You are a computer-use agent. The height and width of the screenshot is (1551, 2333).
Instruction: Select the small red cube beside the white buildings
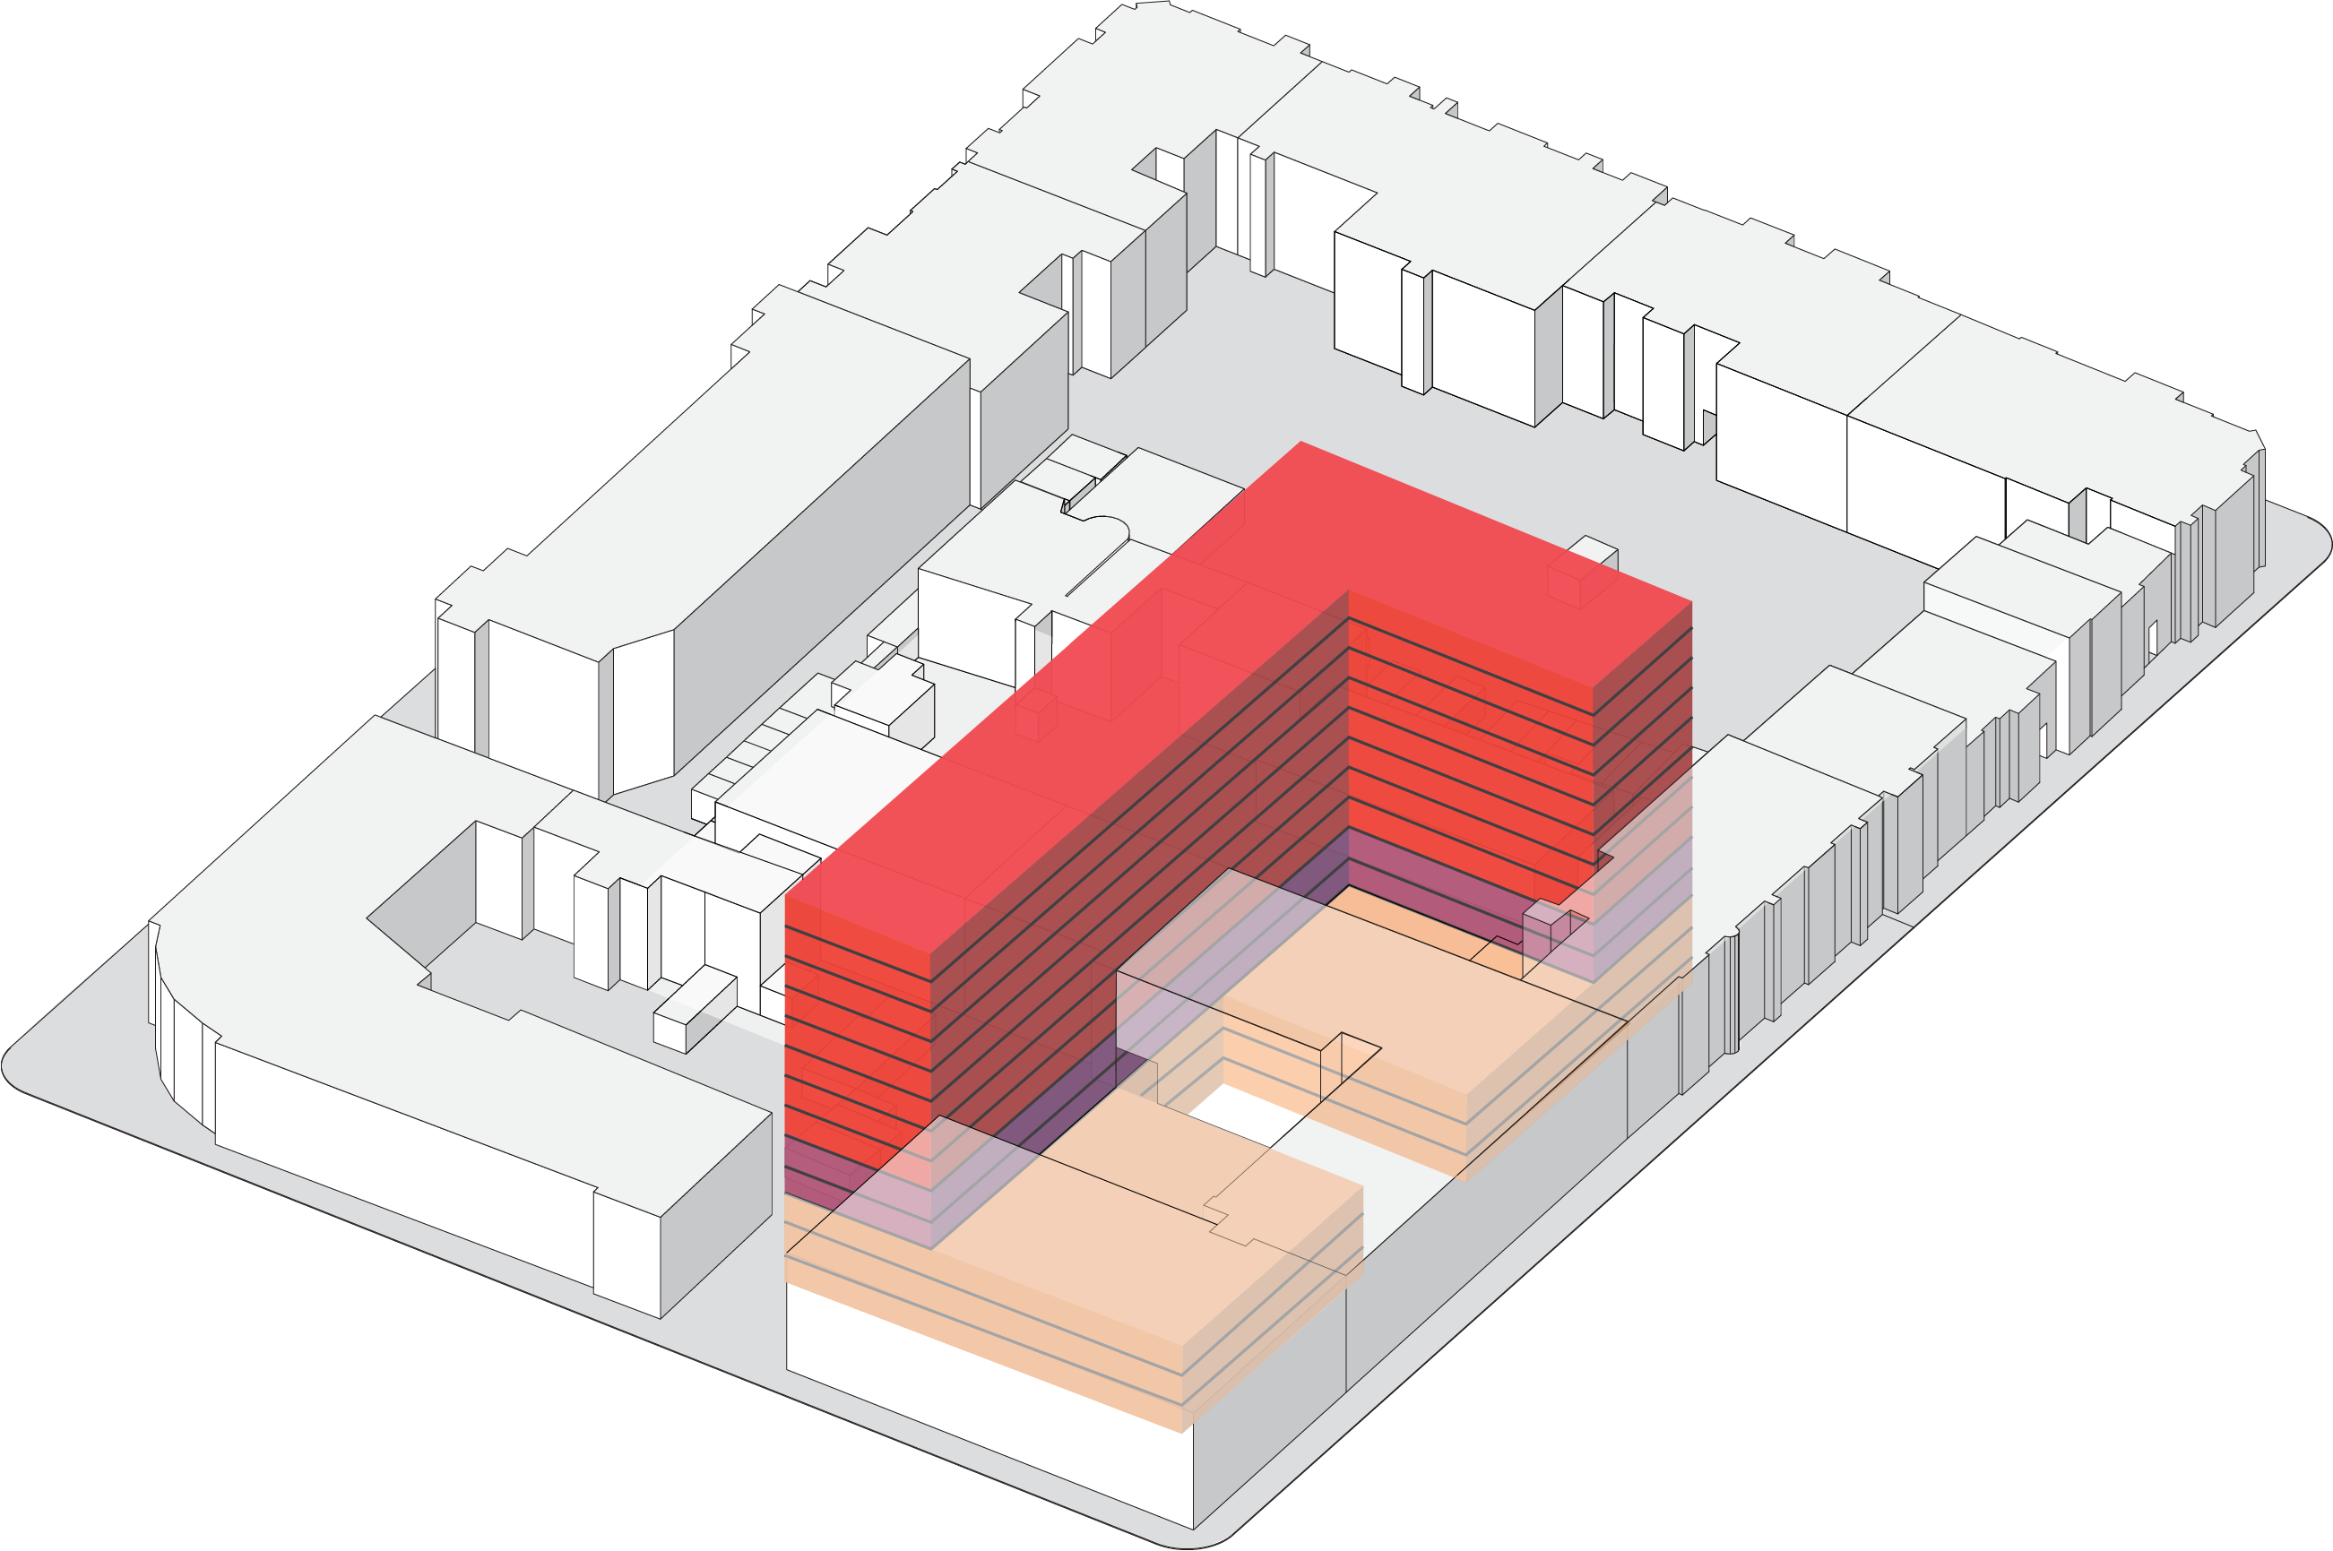(1035, 716)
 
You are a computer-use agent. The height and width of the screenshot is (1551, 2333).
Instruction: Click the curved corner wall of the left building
(183, 1058)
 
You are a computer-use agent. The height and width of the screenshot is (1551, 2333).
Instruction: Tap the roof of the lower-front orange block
(1137, 1217)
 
